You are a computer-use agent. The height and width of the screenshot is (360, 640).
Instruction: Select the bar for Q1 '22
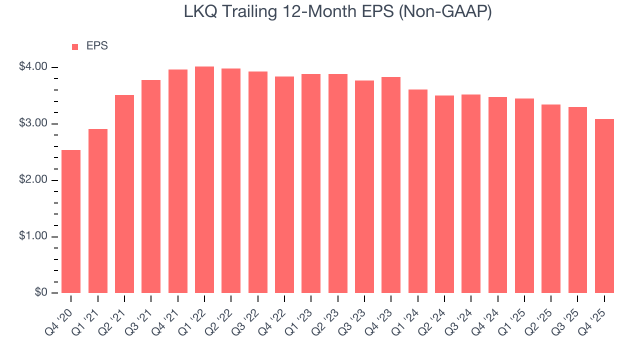click(x=204, y=180)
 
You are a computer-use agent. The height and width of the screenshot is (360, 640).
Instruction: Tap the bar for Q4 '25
click(x=604, y=206)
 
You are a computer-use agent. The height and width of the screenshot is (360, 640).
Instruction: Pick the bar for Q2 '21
click(x=124, y=194)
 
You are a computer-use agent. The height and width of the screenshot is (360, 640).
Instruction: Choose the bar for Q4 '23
click(x=391, y=185)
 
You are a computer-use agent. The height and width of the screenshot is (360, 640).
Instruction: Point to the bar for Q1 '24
click(x=418, y=191)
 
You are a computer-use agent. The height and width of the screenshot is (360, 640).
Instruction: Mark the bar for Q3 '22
click(x=258, y=182)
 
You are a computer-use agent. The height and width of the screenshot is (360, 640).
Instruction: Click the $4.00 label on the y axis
click(x=33, y=67)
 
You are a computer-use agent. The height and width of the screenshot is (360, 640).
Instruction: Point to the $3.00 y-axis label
click(x=33, y=123)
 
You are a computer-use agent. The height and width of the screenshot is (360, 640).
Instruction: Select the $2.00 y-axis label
click(x=33, y=180)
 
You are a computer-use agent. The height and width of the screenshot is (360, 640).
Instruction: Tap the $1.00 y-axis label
click(x=33, y=236)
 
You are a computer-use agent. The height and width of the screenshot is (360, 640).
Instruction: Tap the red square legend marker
click(x=75, y=46)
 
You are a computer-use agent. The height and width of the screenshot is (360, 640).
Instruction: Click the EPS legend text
click(x=97, y=46)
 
